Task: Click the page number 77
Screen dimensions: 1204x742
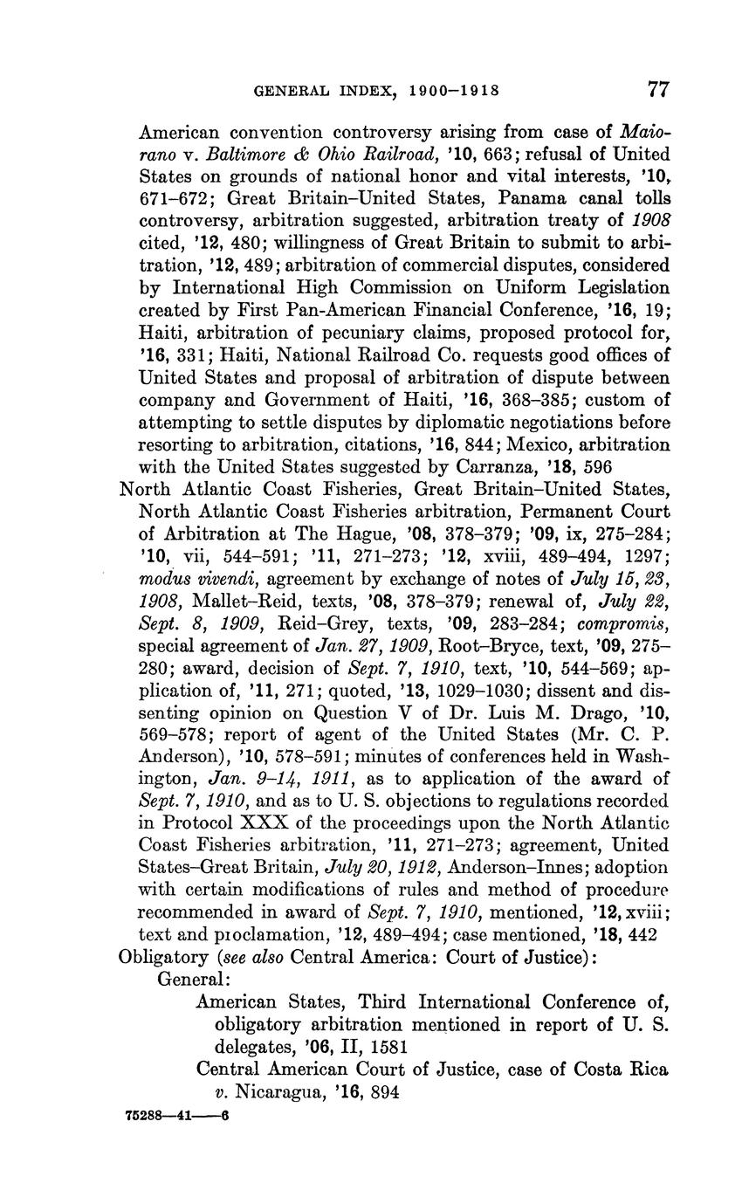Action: point(658,89)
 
